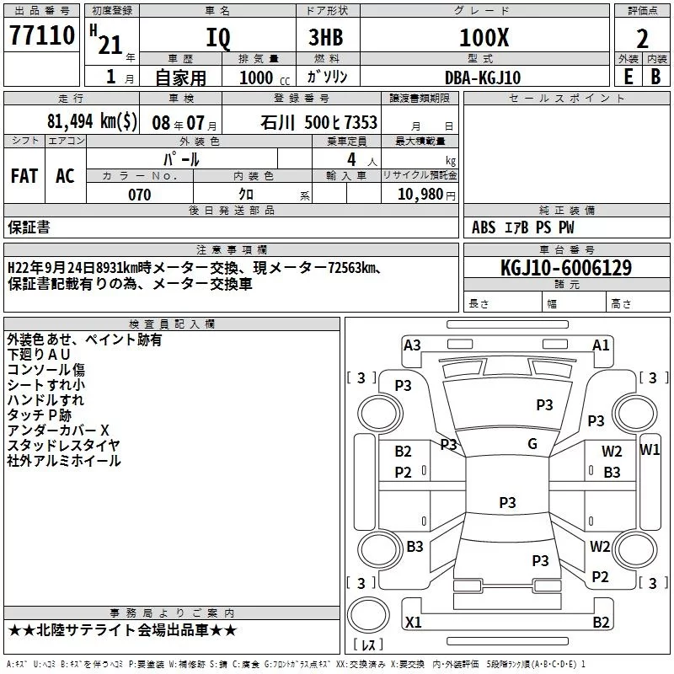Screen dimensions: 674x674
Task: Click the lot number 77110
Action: (41, 36)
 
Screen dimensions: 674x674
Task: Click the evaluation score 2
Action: (642, 38)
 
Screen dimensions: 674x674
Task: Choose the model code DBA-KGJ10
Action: (483, 78)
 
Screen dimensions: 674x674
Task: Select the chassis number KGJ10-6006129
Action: (566, 268)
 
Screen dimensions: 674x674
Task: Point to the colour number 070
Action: (140, 195)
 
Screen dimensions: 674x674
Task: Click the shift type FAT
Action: (24, 176)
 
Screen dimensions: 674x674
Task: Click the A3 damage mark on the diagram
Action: (412, 345)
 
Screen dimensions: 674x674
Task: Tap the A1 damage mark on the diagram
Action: (601, 345)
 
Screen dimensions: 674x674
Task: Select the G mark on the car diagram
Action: (532, 444)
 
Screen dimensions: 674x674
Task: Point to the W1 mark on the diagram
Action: (650, 449)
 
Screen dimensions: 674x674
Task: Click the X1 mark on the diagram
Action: (414, 623)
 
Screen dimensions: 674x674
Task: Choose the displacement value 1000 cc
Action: (259, 78)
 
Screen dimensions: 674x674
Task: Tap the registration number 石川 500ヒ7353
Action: (319, 122)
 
